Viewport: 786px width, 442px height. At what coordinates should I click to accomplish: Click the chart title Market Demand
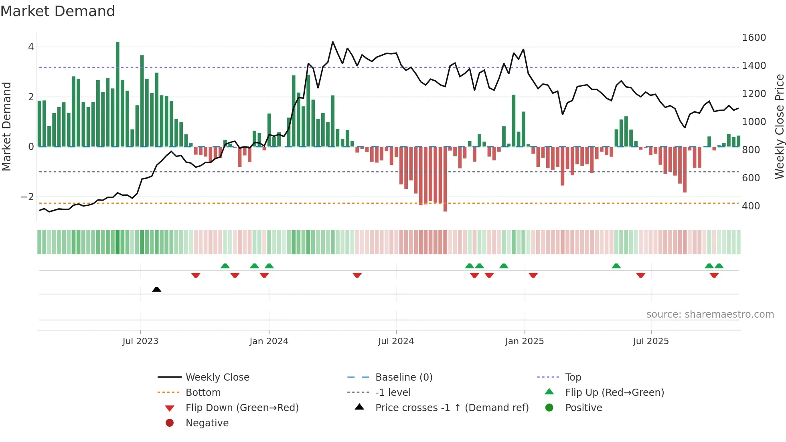58,11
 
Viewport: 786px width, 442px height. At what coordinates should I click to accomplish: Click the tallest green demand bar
117,94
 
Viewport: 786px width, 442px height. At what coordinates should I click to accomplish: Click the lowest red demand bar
445,179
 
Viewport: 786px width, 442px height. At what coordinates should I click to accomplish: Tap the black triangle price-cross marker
157,289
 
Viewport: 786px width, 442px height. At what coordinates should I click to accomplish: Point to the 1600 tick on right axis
754,38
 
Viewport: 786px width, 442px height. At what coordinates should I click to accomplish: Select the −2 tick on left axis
28,197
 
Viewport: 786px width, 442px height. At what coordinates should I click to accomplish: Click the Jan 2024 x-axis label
269,341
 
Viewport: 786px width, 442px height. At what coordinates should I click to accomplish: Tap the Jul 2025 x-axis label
651,341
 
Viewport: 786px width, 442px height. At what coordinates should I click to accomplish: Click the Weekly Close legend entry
217,377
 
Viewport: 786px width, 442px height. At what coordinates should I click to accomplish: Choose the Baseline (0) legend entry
403,377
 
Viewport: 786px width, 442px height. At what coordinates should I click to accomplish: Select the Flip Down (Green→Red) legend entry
242,408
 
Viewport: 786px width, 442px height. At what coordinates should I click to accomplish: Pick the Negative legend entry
207,423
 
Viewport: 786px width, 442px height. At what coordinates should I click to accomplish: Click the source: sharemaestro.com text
710,314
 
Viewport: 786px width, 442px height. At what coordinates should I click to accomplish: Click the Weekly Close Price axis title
779,126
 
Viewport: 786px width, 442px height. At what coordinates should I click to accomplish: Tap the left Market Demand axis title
6,126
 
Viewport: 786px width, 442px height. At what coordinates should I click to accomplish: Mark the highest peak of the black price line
333,42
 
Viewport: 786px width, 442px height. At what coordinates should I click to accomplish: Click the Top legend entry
573,377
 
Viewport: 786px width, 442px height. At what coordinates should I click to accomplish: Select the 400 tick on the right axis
751,206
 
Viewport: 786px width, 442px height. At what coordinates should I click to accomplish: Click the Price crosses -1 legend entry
452,408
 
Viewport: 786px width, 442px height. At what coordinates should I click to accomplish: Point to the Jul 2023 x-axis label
140,341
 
